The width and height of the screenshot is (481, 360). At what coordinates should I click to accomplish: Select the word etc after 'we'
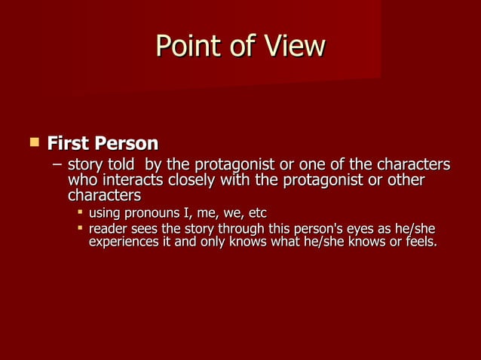click(258, 214)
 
